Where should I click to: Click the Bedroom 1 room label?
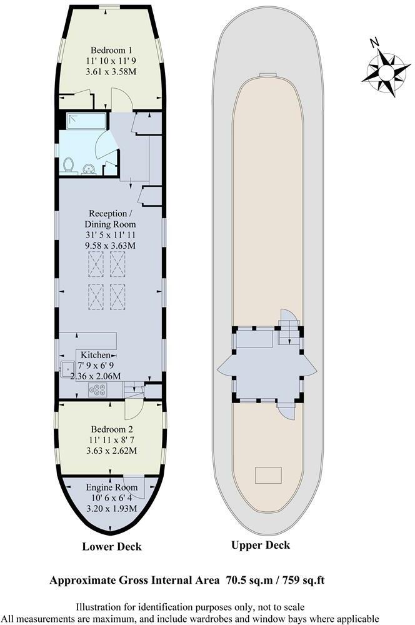(111, 50)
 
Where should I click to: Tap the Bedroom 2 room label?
(111, 429)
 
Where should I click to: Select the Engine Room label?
(111, 486)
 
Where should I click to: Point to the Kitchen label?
(95, 355)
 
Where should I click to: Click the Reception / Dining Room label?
(111, 219)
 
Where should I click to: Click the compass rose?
(386, 73)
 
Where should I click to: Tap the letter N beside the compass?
(374, 42)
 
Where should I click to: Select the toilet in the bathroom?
(68, 165)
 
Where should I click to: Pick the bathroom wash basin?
(89, 168)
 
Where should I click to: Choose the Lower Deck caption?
(112, 547)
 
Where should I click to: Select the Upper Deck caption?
(261, 545)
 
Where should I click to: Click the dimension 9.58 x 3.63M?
(111, 246)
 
